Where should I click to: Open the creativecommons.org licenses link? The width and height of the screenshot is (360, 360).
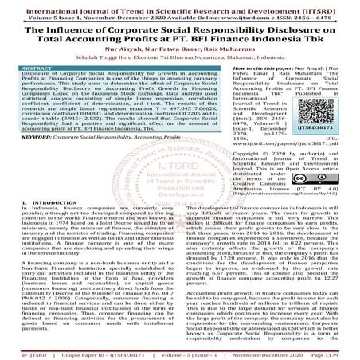pos(273,215)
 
